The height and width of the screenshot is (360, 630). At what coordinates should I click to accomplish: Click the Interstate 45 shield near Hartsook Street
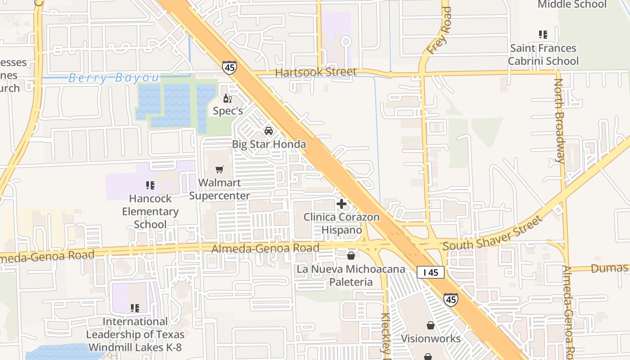[229, 67]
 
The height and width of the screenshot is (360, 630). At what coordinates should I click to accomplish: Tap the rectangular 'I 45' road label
[431, 272]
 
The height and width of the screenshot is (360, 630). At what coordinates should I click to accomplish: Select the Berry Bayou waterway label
[114, 78]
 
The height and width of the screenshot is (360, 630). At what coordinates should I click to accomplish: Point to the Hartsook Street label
[315, 72]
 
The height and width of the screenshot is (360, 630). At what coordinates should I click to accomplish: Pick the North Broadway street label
[559, 121]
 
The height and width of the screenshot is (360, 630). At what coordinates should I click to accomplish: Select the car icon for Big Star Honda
[269, 131]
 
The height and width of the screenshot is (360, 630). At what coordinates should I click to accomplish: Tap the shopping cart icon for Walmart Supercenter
[220, 170]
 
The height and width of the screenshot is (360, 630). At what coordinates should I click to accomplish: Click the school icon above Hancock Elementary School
[150, 185]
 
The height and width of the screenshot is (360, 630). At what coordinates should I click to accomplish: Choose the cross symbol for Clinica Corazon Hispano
[342, 204]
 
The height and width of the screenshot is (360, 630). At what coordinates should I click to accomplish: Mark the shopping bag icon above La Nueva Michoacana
[351, 256]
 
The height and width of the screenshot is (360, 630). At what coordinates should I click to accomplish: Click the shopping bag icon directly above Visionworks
[431, 325]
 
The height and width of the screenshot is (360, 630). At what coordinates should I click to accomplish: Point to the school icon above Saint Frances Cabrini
[543, 34]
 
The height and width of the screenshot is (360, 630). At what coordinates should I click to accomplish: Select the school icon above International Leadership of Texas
[135, 308]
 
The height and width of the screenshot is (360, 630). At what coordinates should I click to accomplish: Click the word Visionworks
[431, 338]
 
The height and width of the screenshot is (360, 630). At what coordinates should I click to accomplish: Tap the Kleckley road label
[386, 333]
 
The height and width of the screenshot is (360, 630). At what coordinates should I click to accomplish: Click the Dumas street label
[609, 269]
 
